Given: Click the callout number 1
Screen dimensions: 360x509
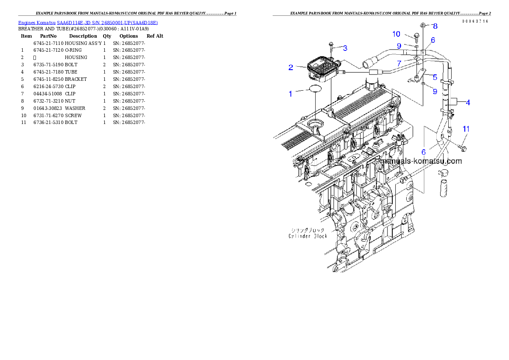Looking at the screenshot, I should (x=291, y=94).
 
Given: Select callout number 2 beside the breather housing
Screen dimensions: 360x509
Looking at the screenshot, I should (x=291, y=68).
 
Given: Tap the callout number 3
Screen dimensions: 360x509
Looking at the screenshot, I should (x=345, y=47).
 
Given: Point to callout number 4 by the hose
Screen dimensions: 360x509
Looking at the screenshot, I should (x=468, y=103).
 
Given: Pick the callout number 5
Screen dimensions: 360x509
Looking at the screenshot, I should (x=435, y=77).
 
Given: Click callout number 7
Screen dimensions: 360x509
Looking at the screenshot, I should (x=399, y=63).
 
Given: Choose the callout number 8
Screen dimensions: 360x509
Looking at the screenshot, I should (x=435, y=26).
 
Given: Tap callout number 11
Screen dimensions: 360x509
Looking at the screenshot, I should (x=466, y=129).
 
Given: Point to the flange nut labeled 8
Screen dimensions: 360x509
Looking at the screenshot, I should (x=423, y=25).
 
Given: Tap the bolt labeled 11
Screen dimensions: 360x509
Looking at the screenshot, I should (x=462, y=148).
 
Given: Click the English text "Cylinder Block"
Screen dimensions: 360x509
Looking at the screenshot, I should (x=308, y=236).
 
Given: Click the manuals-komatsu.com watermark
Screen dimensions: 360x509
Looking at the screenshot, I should (x=421, y=161).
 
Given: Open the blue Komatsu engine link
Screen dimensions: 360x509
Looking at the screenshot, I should (x=88, y=23).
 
